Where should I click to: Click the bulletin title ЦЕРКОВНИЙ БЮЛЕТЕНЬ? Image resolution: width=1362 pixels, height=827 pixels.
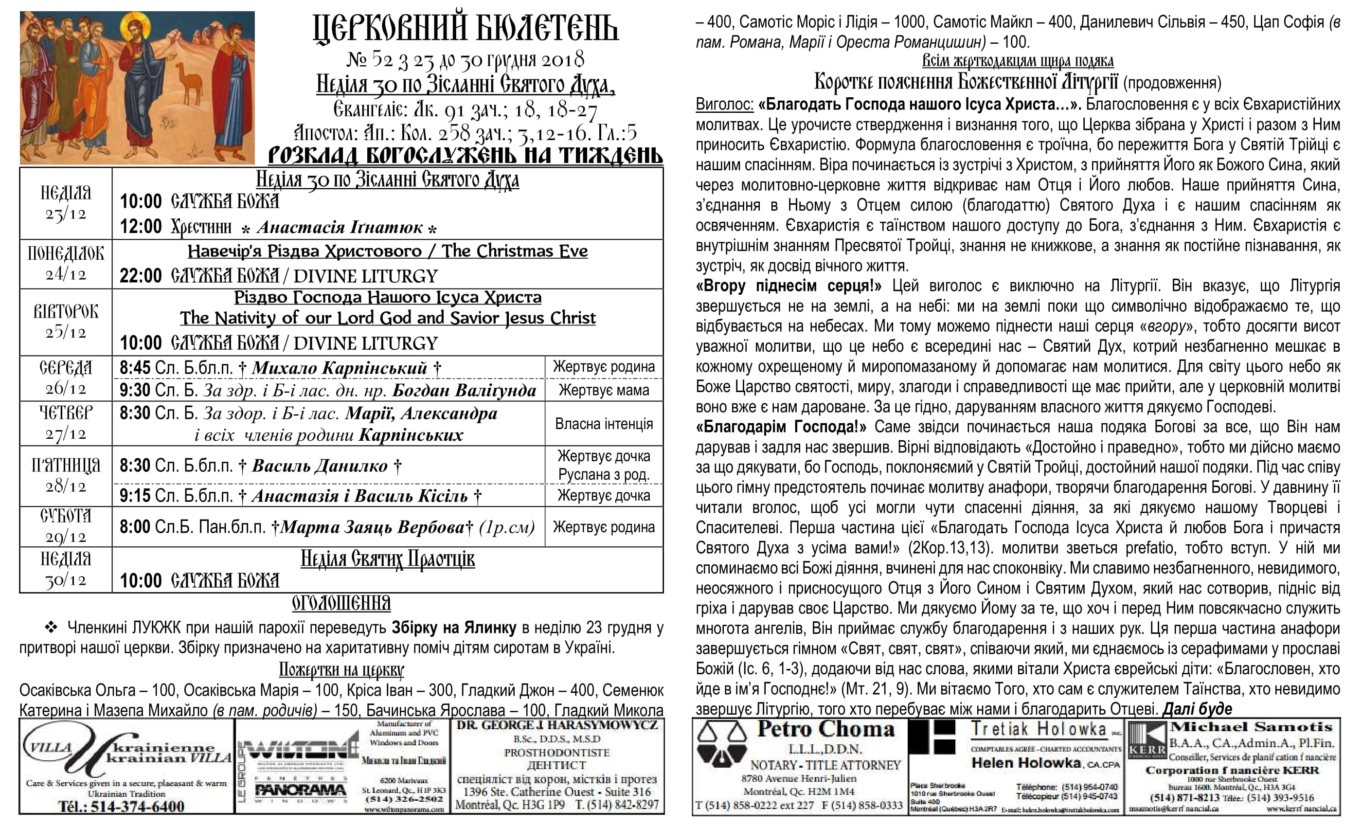[466, 29]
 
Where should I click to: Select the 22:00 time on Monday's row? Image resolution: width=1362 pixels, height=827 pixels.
[141, 275]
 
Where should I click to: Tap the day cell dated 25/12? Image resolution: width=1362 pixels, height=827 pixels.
[66, 322]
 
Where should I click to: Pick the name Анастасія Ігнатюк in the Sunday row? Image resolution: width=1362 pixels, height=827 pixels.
[340, 227]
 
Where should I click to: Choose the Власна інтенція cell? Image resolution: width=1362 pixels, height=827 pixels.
[604, 424]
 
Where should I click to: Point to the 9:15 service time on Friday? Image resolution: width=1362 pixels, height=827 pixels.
[135, 495]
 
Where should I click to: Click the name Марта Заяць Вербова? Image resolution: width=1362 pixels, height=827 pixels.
[373, 527]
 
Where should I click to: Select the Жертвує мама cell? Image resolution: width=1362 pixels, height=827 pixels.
[604, 390]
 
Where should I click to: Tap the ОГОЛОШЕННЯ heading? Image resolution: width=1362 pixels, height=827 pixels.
[341, 603]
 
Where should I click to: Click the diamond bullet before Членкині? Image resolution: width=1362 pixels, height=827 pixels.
[51, 628]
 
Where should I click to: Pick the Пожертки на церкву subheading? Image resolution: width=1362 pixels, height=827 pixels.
[341, 669]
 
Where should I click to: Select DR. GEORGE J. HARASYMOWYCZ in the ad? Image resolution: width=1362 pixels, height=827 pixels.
[557, 725]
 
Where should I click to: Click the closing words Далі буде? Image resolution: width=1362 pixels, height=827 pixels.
[1197, 709]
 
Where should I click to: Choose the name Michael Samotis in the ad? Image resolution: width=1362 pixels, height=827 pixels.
[1252, 727]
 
